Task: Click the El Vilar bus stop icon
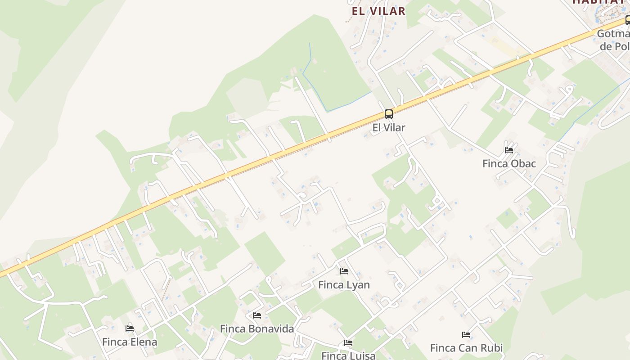pyautogui.click(x=389, y=114)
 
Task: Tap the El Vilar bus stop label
pyautogui.click(x=389, y=127)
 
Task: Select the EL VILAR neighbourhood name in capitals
pyautogui.click(x=378, y=11)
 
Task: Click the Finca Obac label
pyautogui.click(x=509, y=163)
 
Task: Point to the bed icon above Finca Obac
pyautogui.click(x=509, y=150)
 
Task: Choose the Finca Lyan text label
pyautogui.click(x=344, y=284)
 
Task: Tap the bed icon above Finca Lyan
pyautogui.click(x=344, y=271)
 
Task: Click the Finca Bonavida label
pyautogui.click(x=257, y=328)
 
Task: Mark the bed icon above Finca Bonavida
pyautogui.click(x=257, y=315)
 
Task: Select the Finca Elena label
pyautogui.click(x=130, y=342)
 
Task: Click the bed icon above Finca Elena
pyautogui.click(x=130, y=328)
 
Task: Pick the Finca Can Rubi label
pyautogui.click(x=466, y=347)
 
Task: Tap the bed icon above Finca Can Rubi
pyautogui.click(x=466, y=334)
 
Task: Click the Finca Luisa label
pyautogui.click(x=348, y=355)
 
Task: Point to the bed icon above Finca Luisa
pyautogui.click(x=348, y=342)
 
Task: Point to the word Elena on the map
pyautogui.click(x=143, y=342)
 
